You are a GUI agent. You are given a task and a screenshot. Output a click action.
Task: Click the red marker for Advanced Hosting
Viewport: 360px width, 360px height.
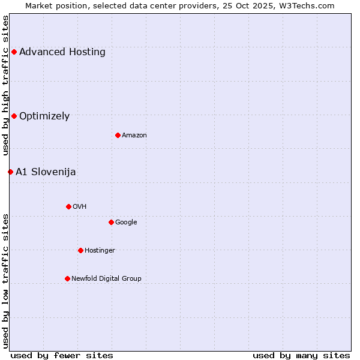[14, 52]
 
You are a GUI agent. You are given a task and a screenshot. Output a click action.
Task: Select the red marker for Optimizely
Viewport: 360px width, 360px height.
[14, 116]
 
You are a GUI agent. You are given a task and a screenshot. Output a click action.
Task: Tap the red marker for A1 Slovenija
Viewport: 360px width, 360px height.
[10, 172]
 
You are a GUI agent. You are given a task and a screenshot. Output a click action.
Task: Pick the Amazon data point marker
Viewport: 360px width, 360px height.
[118, 135]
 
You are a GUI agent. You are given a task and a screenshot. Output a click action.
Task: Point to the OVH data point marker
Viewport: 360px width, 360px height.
[68, 206]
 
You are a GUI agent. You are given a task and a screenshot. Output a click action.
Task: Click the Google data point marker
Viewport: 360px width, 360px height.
[111, 222]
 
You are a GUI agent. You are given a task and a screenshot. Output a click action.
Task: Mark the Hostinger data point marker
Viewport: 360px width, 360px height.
[80, 250]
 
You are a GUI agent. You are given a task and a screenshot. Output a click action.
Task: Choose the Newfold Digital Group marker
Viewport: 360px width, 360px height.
[67, 278]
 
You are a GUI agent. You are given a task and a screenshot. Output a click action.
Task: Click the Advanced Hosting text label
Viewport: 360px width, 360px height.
[62, 52]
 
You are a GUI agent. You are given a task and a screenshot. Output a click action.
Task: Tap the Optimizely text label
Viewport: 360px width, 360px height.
[44, 116]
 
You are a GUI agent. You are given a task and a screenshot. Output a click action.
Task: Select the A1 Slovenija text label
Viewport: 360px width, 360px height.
[46, 172]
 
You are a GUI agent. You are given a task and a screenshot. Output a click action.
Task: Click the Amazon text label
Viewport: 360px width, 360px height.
[134, 136]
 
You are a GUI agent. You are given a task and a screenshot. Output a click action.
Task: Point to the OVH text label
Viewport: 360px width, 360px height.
[80, 207]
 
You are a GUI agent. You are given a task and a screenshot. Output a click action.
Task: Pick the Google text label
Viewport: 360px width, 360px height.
[126, 223]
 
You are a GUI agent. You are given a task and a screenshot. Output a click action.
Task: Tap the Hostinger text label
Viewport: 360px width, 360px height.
[100, 251]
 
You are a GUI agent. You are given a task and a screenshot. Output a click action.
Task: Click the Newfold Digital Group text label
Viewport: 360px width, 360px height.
[106, 279]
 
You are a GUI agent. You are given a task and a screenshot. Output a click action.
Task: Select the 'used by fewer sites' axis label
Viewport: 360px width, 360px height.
[62, 355]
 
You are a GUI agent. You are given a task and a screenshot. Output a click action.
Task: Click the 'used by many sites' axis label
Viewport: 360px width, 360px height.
[301, 355]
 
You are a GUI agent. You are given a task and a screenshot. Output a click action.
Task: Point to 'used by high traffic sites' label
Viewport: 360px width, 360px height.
[6, 85]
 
